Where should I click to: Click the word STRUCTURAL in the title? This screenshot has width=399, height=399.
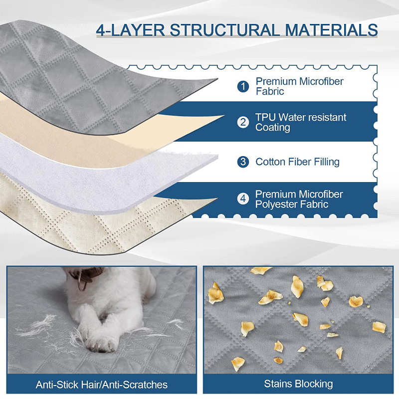tap(225, 30)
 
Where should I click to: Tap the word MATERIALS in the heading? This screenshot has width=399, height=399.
tap(331, 30)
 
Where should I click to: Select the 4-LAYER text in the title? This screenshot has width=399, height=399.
tap(131, 30)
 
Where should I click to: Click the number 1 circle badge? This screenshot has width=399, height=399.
tap(243, 86)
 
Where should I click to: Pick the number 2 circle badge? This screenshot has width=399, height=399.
tap(243, 122)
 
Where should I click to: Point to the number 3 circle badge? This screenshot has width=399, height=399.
tap(243, 162)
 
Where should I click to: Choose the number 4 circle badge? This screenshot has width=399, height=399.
tap(243, 199)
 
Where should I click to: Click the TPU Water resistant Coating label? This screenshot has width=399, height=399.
tap(301, 122)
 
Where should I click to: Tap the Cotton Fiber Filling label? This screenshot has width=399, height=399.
tap(297, 162)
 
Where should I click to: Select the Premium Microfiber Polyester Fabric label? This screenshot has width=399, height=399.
tap(299, 199)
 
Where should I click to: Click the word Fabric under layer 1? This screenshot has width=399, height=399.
tap(270, 91)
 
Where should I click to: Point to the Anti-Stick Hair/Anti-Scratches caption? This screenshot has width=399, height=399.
tap(102, 385)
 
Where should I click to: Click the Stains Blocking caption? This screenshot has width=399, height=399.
tap(298, 384)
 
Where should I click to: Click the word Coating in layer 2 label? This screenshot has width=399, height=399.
tap(272, 128)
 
